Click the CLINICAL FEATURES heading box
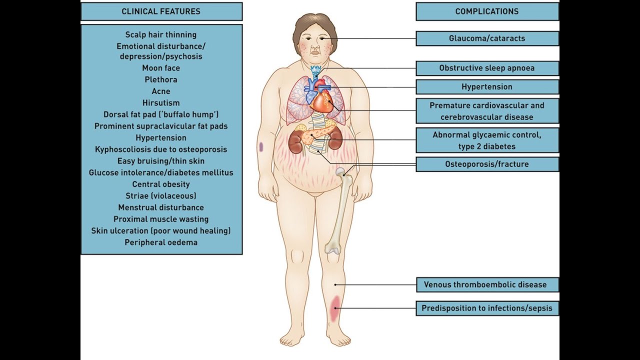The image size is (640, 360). pyautogui.click(x=161, y=11)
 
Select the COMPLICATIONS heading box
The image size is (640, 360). pyautogui.click(x=487, y=11)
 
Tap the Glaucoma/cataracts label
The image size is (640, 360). pyautogui.click(x=487, y=38)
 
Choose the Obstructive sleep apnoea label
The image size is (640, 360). pyautogui.click(x=487, y=68)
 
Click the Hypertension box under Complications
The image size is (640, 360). pyautogui.click(x=487, y=87)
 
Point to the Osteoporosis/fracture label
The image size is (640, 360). pyautogui.click(x=487, y=164)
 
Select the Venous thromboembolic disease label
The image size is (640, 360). pyautogui.click(x=487, y=285)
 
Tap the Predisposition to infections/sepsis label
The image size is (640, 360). pyautogui.click(x=487, y=308)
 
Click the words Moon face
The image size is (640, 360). pyautogui.click(x=161, y=68)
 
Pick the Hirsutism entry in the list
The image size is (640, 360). pyautogui.click(x=161, y=103)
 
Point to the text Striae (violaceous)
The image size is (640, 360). pyautogui.click(x=161, y=196)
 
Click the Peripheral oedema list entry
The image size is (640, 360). pyautogui.click(x=161, y=242)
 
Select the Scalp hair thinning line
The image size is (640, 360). pyautogui.click(x=161, y=35)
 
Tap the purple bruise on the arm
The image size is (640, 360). pyautogui.click(x=261, y=147)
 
